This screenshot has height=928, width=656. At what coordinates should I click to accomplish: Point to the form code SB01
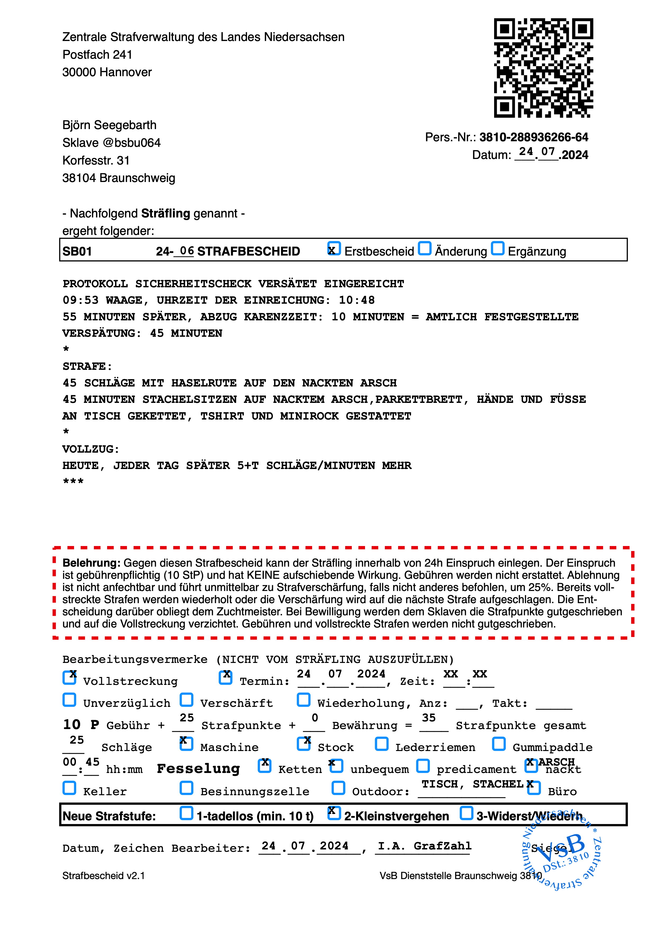tap(77, 251)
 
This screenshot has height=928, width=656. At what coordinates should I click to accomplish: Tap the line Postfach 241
tap(97, 54)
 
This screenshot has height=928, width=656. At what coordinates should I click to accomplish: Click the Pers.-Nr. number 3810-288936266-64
tap(534, 137)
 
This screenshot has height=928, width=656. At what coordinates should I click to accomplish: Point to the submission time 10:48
tap(357, 300)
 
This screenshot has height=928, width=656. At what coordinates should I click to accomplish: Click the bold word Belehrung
tap(91, 563)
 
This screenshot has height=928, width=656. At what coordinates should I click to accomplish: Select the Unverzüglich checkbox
tap(70, 700)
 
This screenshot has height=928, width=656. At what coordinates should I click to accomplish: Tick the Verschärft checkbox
tap(186, 700)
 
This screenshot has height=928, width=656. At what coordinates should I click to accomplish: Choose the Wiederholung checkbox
tap(304, 700)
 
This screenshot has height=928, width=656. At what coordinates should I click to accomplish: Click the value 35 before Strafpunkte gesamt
tap(429, 718)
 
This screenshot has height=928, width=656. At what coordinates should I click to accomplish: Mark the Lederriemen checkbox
tap(381, 744)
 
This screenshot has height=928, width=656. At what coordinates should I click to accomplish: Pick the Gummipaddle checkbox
tap(499, 744)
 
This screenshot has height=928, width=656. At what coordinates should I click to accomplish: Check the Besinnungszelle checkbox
tap(186, 788)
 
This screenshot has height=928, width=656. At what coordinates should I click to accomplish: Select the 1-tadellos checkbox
tap(186, 813)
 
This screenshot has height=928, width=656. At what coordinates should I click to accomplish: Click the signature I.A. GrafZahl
tap(424, 846)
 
